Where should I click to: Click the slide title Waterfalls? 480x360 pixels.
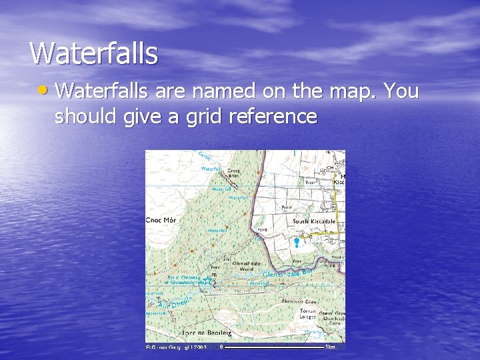[94, 53]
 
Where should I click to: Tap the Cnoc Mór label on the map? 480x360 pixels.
[160, 220]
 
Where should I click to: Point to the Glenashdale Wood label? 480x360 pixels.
[247, 266]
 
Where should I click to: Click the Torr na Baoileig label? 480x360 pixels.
[207, 331]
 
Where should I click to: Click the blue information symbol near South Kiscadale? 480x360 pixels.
[297, 242]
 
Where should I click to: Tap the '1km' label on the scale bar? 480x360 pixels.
[330, 347]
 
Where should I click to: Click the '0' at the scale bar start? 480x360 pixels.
[221, 347]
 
